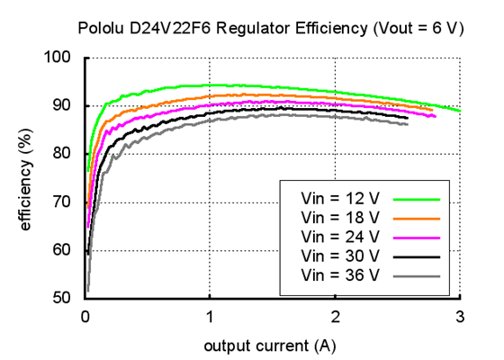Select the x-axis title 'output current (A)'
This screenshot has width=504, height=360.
(271, 346)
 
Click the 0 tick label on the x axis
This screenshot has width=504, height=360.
(85, 316)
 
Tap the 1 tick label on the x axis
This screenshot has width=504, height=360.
(210, 316)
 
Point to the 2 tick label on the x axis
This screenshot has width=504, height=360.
(335, 316)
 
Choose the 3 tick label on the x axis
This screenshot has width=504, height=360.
(460, 316)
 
